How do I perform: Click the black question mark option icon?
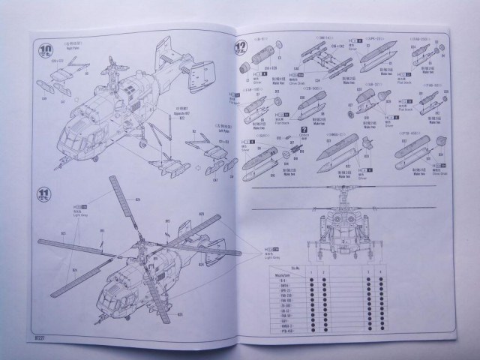click(304, 130)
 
